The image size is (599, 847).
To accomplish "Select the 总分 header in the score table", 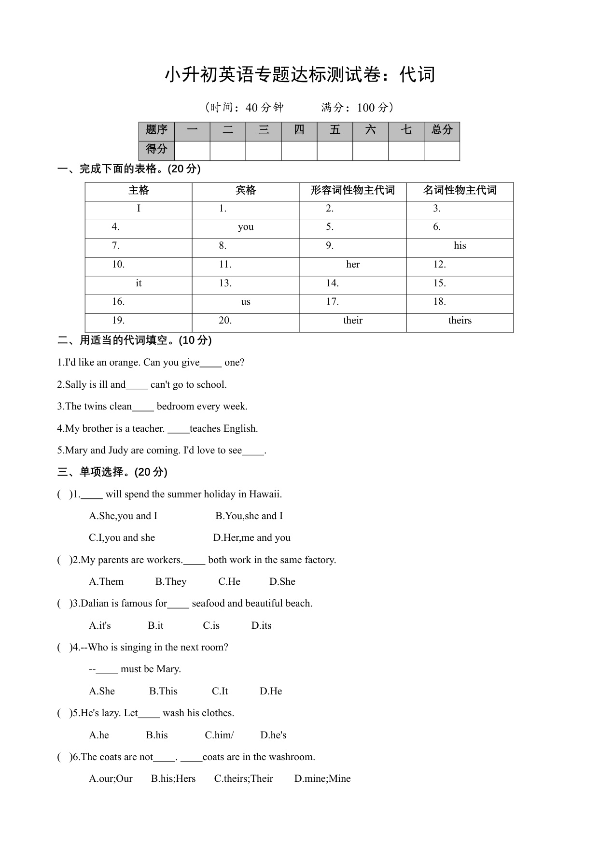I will [442, 130].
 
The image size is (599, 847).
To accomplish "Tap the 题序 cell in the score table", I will [156, 130].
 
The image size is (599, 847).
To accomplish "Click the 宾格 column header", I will [246, 190].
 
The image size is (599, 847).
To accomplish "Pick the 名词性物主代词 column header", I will [460, 190].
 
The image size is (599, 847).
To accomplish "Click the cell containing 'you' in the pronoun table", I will [246, 227].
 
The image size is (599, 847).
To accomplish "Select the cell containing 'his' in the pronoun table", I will [460, 246].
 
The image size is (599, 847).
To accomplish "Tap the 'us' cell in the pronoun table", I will [246, 302].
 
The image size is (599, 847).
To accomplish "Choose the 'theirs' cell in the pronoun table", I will [460, 321].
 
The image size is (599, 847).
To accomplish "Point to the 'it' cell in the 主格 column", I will [139, 283].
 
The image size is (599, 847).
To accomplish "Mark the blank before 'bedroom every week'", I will [143, 407].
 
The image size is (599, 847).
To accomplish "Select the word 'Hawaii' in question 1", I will [265, 494].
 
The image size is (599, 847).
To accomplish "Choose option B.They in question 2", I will [171, 581].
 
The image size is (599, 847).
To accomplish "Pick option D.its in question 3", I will [261, 625].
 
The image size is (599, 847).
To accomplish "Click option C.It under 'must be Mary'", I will [220, 691].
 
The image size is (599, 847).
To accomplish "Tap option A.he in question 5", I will [99, 735].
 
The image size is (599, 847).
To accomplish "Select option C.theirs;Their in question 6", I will [243, 778].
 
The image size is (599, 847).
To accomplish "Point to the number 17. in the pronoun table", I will [333, 302].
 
